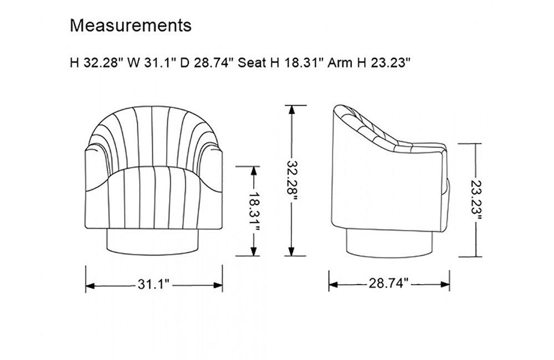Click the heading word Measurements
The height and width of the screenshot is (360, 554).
pos(131,25)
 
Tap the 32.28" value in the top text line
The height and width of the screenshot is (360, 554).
pos(104,63)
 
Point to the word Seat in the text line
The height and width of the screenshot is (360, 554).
pos(252,63)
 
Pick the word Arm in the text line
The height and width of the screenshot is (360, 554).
pos(340,63)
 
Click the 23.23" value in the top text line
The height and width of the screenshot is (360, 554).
pos(391,63)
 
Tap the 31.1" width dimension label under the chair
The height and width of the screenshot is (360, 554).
pos(154,284)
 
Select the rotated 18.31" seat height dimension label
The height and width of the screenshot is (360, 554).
pos(254,211)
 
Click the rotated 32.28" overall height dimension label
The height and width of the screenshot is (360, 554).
pos(292,181)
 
